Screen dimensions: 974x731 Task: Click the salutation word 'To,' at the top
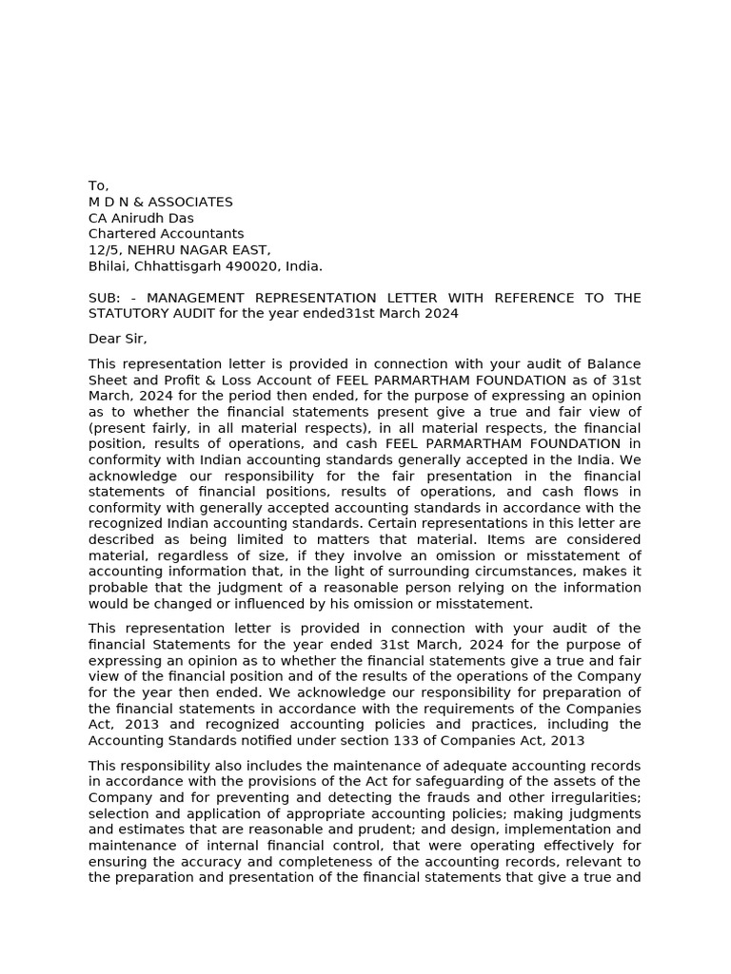(x=99, y=185)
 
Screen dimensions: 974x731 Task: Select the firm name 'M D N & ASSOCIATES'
(x=160, y=202)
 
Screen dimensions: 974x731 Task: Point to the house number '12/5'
(x=102, y=250)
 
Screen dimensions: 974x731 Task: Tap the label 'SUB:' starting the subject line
(x=105, y=298)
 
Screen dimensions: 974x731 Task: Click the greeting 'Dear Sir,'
(x=118, y=339)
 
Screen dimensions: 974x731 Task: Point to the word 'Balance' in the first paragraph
(x=614, y=364)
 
